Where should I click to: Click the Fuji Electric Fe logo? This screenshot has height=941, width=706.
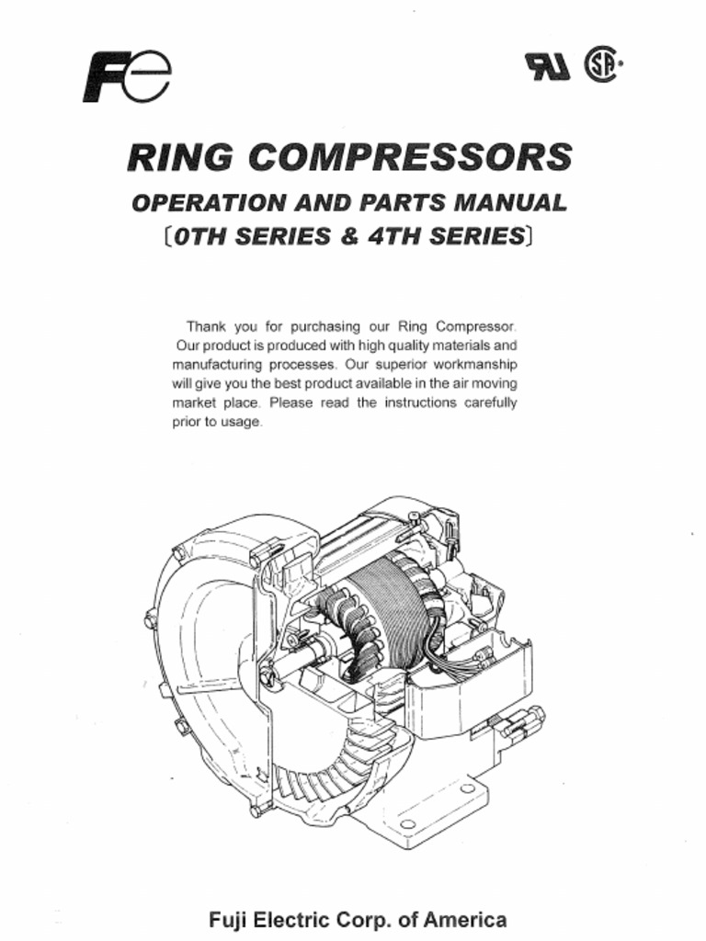tap(127, 77)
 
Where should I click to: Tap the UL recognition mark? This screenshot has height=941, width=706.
tap(547, 66)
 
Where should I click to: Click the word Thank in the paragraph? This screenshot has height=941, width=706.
tap(205, 326)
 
